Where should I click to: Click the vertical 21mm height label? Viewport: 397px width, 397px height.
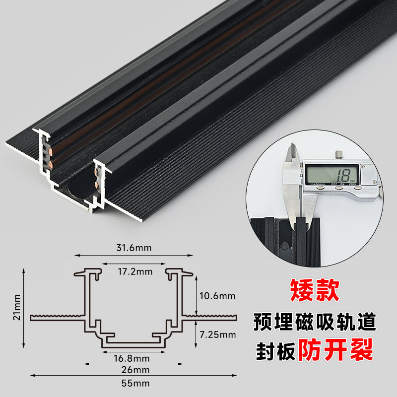(x=16, y=308)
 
